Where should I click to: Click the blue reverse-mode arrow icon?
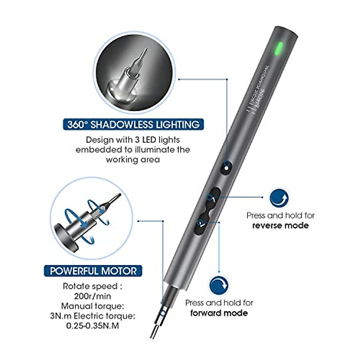tap(279, 199)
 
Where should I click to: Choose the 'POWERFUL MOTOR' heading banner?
tap(93, 271)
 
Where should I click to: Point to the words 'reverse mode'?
tap(280, 226)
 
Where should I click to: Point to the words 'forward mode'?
tap(219, 313)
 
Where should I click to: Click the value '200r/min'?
tap(92, 296)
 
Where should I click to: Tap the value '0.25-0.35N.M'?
tap(92, 326)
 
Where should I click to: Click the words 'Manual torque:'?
tap(92, 306)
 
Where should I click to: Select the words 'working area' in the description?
tap(133, 159)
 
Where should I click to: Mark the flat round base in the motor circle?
tap(64, 232)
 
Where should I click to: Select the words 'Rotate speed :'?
tap(92, 286)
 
